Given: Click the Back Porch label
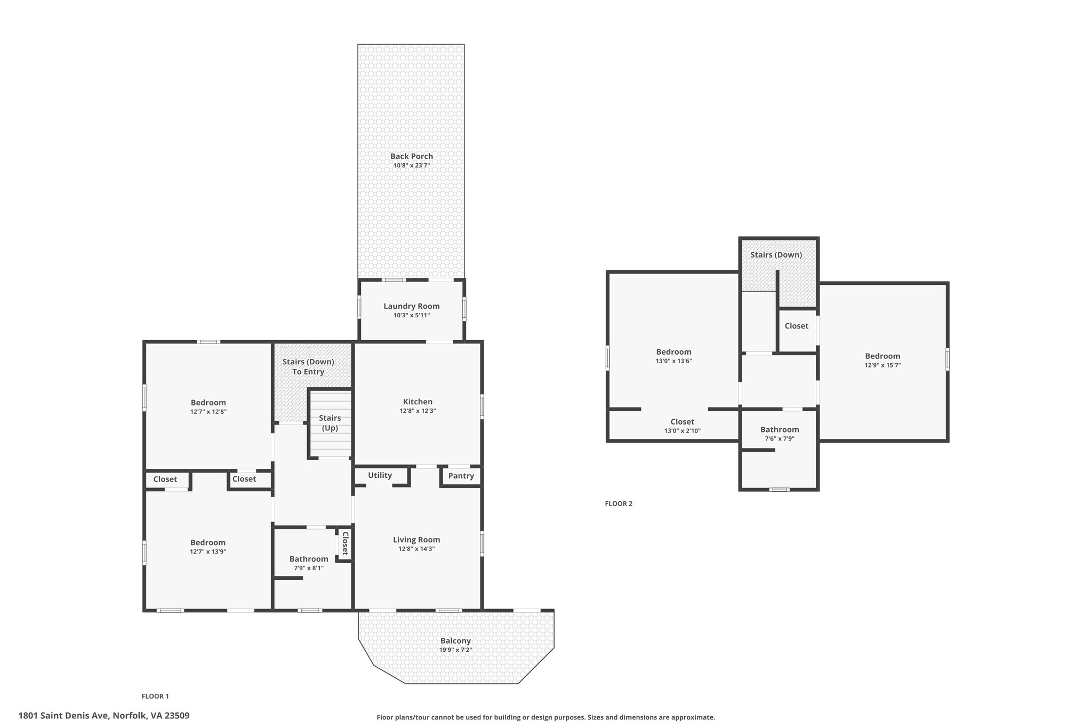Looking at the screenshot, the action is [x=412, y=156].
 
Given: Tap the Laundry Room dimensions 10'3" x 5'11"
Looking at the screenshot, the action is [x=412, y=315].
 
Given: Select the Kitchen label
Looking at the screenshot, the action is [x=418, y=402].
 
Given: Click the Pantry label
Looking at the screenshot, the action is [x=461, y=476].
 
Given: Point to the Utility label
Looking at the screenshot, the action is [x=380, y=475].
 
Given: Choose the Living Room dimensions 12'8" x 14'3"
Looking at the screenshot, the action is [x=417, y=549].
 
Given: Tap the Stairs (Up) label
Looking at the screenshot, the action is [x=330, y=423].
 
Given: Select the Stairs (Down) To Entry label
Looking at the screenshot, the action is [x=308, y=366].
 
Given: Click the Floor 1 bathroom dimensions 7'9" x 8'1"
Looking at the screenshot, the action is [x=309, y=568].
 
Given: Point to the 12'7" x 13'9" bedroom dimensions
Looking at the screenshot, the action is [x=208, y=552].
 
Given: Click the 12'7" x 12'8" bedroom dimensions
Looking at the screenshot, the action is [x=208, y=412].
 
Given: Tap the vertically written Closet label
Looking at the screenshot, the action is [x=345, y=544].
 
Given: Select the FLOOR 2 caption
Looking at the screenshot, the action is [x=619, y=503].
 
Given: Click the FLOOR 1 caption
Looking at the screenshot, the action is [x=155, y=696].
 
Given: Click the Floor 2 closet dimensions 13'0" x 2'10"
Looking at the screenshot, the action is [x=682, y=431].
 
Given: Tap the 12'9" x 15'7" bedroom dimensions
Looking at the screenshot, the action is [x=883, y=365].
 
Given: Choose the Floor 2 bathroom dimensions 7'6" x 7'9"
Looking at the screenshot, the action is [x=780, y=439].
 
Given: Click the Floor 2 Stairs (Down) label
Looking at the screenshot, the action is [x=776, y=255].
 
